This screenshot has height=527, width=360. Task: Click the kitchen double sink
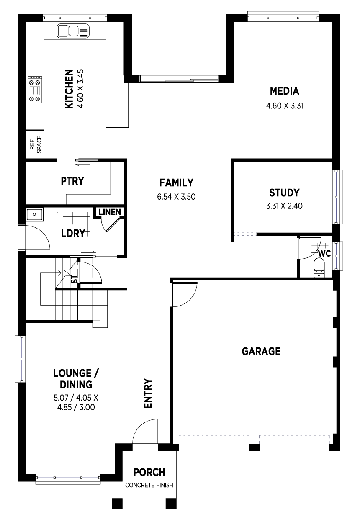coord(73,31)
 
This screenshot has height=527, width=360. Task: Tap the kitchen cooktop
coord(35,90)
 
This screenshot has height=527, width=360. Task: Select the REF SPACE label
coord(36,144)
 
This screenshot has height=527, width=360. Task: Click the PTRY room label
coord(72,181)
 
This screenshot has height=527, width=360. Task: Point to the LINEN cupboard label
coord(110,212)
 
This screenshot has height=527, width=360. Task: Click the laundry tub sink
coord(34,215)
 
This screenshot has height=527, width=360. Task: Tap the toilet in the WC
coord(319,267)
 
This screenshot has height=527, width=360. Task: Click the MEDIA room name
coord(285,91)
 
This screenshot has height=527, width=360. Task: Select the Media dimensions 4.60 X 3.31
coord(285,106)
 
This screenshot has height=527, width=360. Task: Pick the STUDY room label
coord(285,193)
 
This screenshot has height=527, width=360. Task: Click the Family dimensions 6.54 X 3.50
coord(176,197)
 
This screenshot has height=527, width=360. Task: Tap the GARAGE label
coord(261,351)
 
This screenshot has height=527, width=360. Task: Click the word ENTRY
coord(148,393)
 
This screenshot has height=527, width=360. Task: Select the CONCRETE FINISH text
coord(149,486)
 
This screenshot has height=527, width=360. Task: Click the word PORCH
coord(149,473)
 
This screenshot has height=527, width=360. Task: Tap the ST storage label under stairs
coord(75,279)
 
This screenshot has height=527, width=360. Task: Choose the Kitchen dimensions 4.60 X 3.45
coord(80,89)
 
